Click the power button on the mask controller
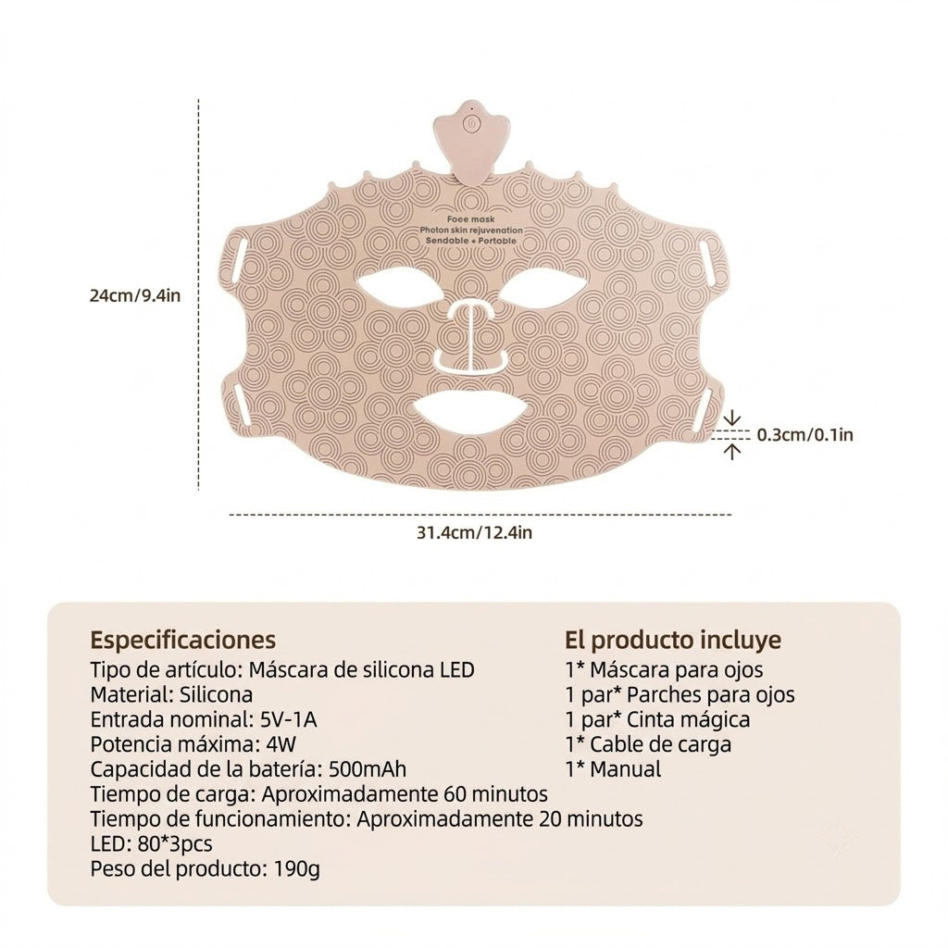(471, 124)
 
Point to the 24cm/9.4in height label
(135, 295)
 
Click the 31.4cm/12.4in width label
(474, 532)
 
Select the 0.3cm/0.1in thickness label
(805, 435)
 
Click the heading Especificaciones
(182, 640)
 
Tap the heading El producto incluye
(673, 640)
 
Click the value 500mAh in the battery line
(367, 769)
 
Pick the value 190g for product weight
(296, 868)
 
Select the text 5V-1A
(289, 719)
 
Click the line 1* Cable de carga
(648, 744)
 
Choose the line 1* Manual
(613, 769)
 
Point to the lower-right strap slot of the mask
(704, 405)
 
